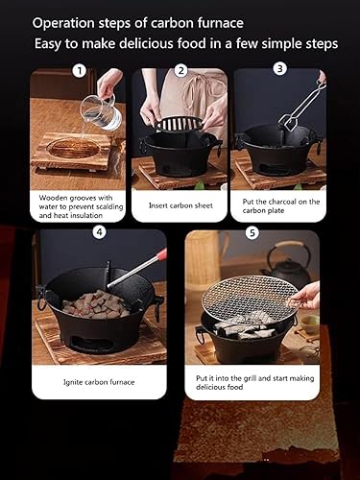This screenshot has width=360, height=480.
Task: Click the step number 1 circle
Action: pos(79,70)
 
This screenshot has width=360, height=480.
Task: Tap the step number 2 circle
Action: pos(180,70)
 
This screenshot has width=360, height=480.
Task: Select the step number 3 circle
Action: pos(279,68)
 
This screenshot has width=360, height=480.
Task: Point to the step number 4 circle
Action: pos(99,230)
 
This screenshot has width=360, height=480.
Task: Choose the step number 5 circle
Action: pos(251,230)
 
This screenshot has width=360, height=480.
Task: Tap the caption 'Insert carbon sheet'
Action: pos(180,204)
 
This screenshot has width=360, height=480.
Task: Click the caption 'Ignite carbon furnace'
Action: pos(98,380)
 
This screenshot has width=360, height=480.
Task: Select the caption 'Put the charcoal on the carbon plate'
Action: pos(279,204)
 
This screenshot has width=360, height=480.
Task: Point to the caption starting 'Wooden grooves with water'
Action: pos(79,204)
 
